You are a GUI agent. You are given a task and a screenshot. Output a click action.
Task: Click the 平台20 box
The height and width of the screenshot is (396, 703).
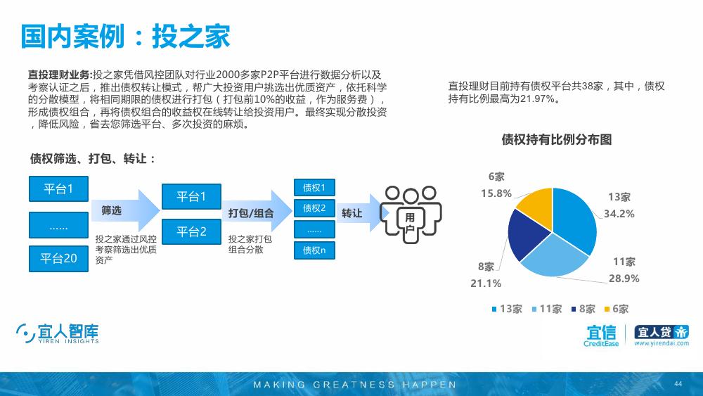click(59, 259)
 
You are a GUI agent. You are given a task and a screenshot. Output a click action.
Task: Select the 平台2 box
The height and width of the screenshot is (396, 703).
click(191, 232)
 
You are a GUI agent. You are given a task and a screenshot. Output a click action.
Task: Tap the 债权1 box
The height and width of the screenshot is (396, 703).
click(314, 188)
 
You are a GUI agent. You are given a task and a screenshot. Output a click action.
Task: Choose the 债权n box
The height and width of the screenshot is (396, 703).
click(314, 250)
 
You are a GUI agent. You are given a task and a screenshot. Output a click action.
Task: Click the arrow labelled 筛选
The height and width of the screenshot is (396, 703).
click(126, 210)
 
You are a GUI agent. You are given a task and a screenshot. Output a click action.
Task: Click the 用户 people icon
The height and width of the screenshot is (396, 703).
click(411, 215)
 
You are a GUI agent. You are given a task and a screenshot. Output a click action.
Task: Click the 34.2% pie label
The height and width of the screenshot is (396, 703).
click(619, 214)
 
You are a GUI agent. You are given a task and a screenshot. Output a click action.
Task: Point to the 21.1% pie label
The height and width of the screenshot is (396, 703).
click(486, 283)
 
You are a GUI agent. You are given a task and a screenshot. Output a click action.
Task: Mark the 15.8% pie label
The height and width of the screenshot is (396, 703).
click(496, 193)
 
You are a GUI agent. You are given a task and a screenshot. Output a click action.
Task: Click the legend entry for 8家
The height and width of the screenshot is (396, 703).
click(583, 309)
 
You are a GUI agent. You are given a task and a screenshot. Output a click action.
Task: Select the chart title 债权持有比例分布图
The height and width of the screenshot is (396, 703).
click(556, 139)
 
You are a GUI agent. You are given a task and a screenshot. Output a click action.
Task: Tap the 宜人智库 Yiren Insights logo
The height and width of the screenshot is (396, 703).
click(58, 333)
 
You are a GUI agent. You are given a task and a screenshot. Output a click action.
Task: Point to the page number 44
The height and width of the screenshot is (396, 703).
click(678, 383)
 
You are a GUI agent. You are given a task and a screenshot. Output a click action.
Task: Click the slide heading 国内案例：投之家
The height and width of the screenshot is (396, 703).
click(125, 36)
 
